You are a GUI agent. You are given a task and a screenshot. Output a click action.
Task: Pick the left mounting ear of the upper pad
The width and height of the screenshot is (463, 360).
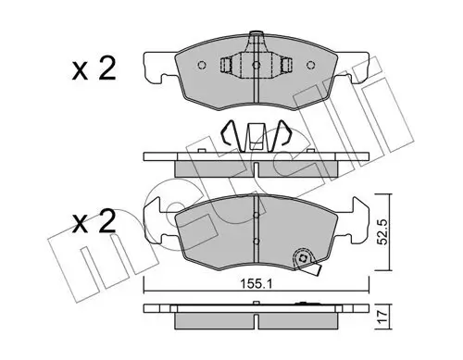click(157, 68)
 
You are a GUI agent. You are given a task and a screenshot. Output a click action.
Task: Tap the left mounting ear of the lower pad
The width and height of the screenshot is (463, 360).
click(157, 220)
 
